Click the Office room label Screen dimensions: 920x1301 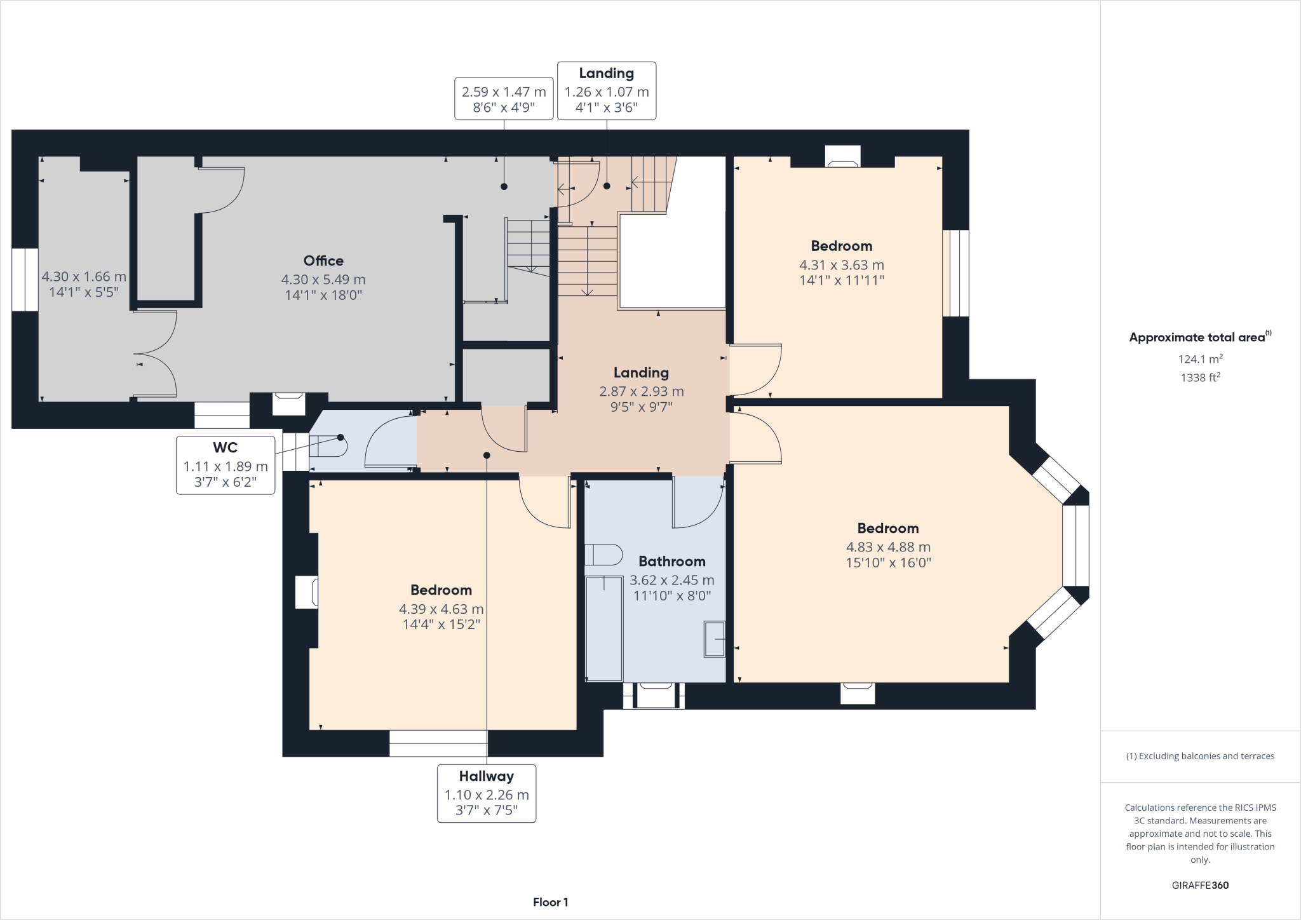(x=323, y=260)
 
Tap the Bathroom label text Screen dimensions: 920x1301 (x=671, y=561)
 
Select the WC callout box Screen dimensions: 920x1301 (x=226, y=464)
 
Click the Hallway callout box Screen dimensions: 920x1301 (x=486, y=793)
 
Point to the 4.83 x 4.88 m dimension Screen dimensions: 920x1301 (x=887, y=547)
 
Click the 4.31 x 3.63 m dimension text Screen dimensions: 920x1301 (x=841, y=265)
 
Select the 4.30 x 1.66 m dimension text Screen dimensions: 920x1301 (x=84, y=276)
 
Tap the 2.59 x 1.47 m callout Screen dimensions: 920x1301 (x=504, y=98)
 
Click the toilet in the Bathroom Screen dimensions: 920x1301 (x=603, y=555)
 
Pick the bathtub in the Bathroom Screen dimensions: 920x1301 (x=603, y=628)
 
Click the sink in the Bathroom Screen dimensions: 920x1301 (x=714, y=639)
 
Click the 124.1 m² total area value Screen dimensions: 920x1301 (x=1200, y=359)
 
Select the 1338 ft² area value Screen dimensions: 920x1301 (x=1200, y=377)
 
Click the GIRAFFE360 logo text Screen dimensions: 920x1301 (x=1200, y=885)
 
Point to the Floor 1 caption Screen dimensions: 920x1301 (x=550, y=902)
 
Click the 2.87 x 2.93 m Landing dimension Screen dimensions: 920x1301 (x=641, y=391)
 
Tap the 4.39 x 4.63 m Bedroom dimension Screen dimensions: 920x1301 (x=441, y=609)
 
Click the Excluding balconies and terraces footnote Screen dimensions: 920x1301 (x=1200, y=756)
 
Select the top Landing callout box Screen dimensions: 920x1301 (x=606, y=91)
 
